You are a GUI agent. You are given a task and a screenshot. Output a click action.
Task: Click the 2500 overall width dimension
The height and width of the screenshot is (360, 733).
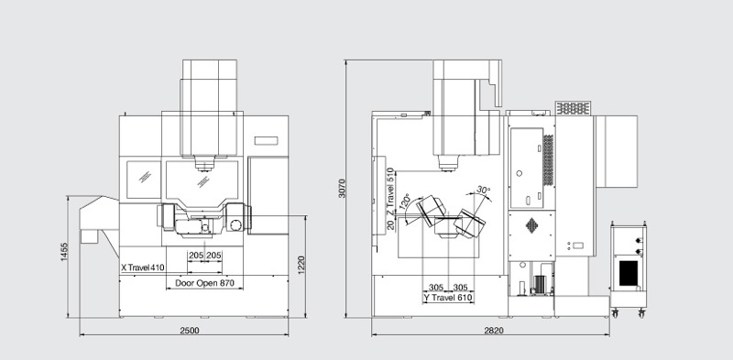190,329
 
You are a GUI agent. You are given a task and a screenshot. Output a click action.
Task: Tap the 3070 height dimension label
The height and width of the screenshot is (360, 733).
341,187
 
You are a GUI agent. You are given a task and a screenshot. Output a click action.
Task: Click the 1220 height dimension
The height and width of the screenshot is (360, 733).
299,267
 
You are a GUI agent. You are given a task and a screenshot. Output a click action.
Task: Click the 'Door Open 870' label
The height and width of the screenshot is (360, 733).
205,284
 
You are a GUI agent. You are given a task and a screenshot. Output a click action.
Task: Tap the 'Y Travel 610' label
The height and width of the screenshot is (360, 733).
447,299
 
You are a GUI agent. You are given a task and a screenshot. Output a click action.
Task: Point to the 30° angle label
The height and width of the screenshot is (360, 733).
483,191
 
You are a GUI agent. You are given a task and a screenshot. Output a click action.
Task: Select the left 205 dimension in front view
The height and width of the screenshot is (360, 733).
196,256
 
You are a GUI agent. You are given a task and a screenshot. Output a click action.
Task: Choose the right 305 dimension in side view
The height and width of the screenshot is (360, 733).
461,286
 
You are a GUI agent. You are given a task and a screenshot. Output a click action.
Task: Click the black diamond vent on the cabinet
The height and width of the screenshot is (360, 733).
531,224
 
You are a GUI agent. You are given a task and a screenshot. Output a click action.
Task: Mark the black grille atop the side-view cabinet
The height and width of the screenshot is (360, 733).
572,108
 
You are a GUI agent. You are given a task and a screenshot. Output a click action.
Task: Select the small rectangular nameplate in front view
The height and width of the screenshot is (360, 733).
266,140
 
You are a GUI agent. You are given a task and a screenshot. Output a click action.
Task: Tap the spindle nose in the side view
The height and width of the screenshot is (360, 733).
447,164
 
